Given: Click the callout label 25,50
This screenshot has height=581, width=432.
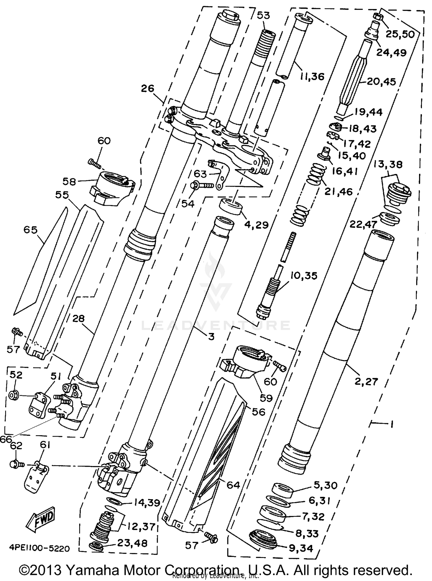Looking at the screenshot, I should coord(400,34).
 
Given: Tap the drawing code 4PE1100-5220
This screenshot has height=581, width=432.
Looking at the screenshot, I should coord(39,548).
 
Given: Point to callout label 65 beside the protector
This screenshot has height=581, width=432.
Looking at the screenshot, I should coord(31,230).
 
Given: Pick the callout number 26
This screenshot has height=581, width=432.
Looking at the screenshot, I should coord(147,88).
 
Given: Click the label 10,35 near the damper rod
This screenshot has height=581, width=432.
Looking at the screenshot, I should coord(304,275).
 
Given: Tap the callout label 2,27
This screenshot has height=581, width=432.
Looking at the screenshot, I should coord(366,382).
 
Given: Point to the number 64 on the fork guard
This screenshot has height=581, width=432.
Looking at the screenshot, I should coord(233,485).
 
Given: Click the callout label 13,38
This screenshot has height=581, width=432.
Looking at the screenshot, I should coord(388,164).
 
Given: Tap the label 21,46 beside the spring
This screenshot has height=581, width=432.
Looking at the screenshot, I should coord(338,192).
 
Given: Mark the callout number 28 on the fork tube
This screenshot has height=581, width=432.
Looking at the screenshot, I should coord(78,319).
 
